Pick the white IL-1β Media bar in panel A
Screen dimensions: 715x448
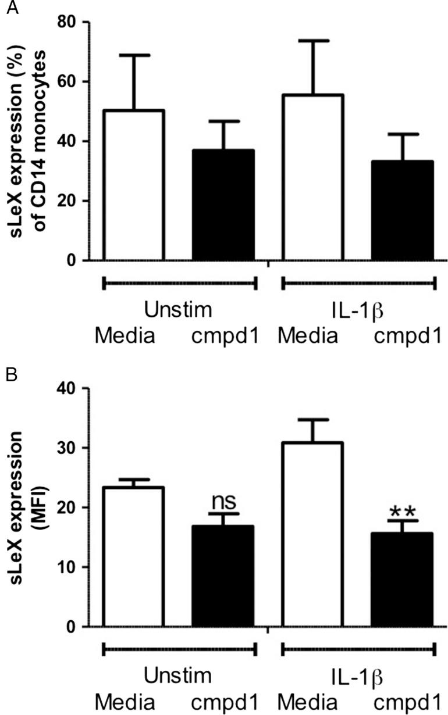coord(313,177)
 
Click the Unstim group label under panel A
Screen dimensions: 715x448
coord(179,311)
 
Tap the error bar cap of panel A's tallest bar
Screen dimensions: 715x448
coord(313,41)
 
